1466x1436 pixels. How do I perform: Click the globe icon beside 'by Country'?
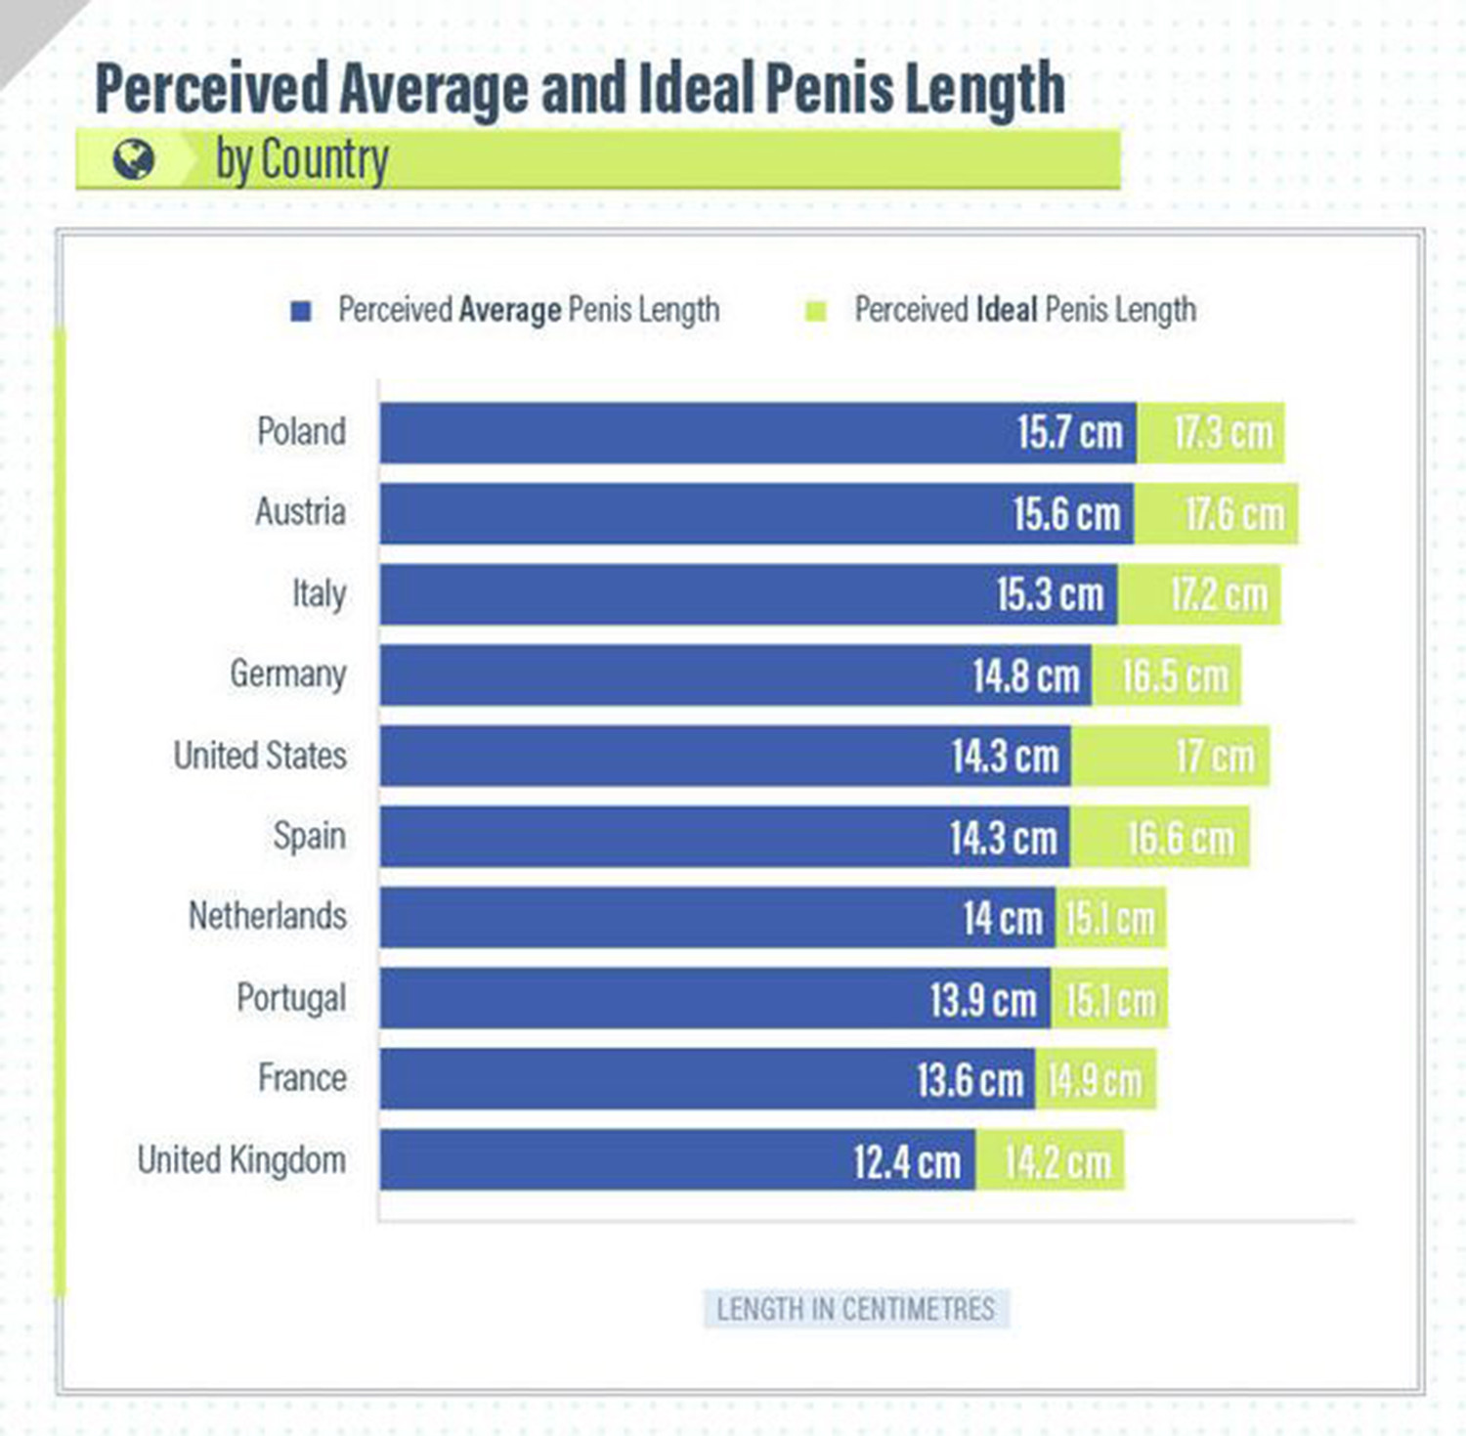click(134, 159)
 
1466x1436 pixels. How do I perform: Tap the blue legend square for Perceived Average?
click(301, 311)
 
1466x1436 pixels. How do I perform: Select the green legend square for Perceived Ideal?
click(815, 311)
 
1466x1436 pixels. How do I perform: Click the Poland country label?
click(301, 431)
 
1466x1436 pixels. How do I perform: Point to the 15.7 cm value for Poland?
click(1069, 432)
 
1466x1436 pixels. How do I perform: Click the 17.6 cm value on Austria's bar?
click(1234, 514)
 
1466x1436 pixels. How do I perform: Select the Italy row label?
click(319, 593)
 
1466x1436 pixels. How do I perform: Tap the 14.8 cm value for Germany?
click(1026, 675)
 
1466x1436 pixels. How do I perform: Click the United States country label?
click(260, 756)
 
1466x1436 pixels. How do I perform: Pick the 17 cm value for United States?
click(1214, 756)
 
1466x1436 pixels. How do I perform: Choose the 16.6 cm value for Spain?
click(1181, 838)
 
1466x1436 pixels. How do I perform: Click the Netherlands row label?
click(268, 916)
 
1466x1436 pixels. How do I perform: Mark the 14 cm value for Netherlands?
click(1003, 918)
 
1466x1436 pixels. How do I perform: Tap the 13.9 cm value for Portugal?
click(983, 999)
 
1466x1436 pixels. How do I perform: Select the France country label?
click(302, 1078)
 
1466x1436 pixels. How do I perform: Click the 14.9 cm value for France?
click(1095, 1080)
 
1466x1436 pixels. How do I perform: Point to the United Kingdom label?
click(241, 1160)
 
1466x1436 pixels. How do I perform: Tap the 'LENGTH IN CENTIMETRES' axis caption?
click(856, 1309)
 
